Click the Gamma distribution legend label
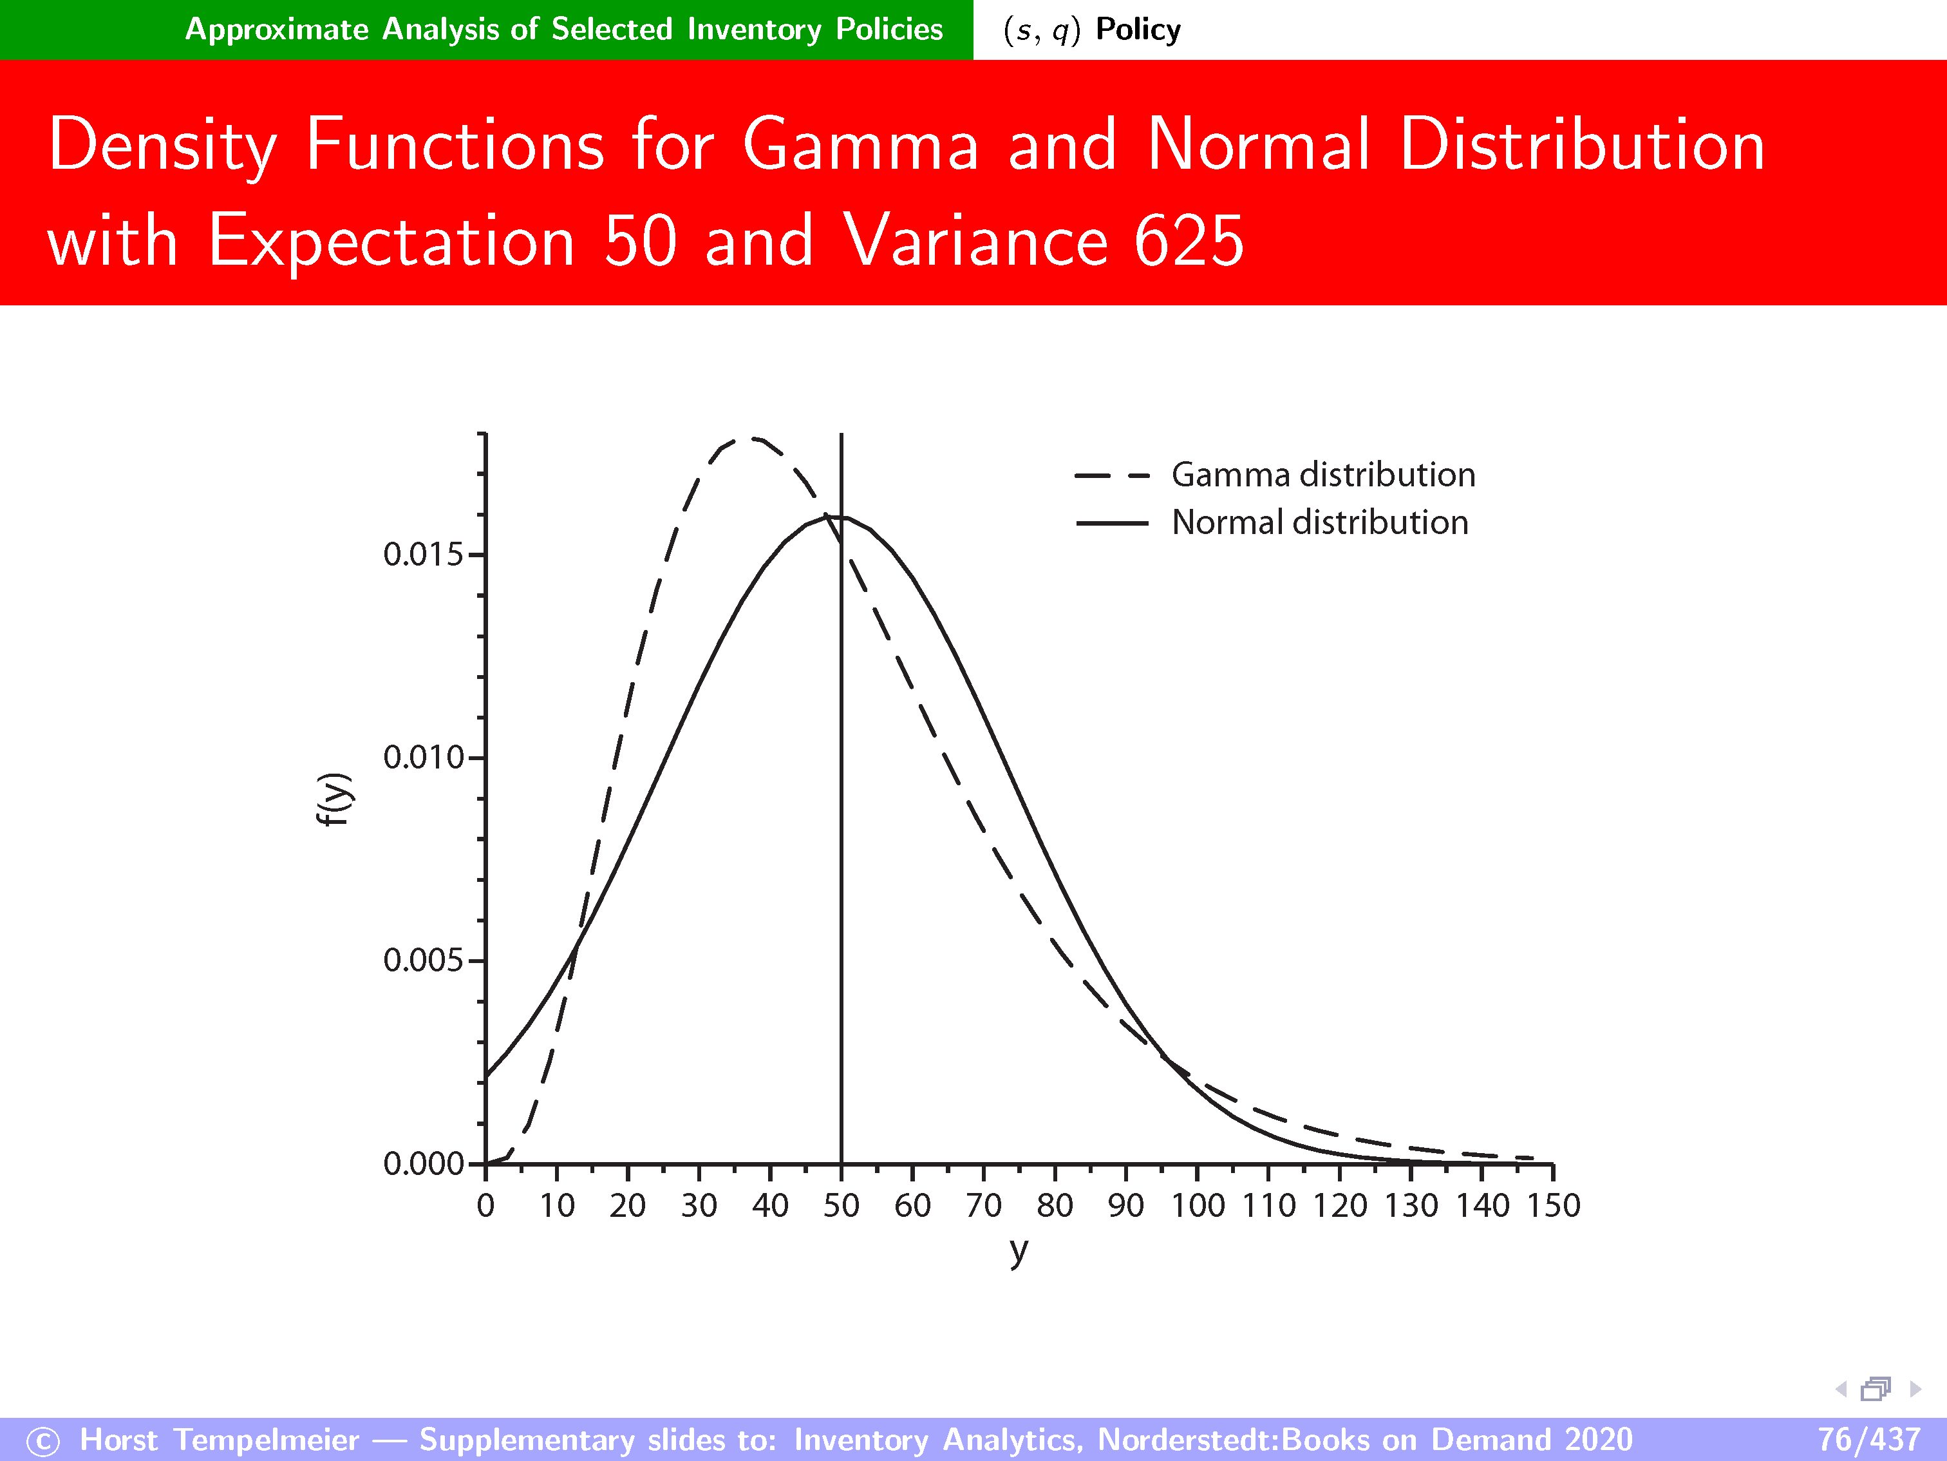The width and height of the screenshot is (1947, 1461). click(1323, 475)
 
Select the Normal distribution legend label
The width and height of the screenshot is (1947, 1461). click(1319, 522)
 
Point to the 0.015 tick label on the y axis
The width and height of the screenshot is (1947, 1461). click(422, 554)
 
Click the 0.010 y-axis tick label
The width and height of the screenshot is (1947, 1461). click(422, 758)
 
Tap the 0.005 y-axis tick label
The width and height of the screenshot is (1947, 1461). click(422, 960)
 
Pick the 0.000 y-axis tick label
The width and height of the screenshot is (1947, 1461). click(422, 1163)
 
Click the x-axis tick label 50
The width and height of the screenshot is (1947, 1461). click(841, 1205)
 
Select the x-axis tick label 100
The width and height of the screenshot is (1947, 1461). click(1197, 1205)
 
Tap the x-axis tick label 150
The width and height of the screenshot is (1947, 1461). click(1554, 1205)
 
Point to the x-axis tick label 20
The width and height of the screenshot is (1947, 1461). click(628, 1205)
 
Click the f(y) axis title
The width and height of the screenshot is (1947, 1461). click(334, 799)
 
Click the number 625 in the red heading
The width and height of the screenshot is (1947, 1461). click(1189, 240)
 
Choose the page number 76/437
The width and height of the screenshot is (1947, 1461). click(1868, 1439)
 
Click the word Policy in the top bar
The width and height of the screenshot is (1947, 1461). click(1138, 30)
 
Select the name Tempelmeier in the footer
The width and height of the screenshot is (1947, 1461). click(267, 1440)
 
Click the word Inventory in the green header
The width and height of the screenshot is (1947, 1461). click(755, 30)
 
